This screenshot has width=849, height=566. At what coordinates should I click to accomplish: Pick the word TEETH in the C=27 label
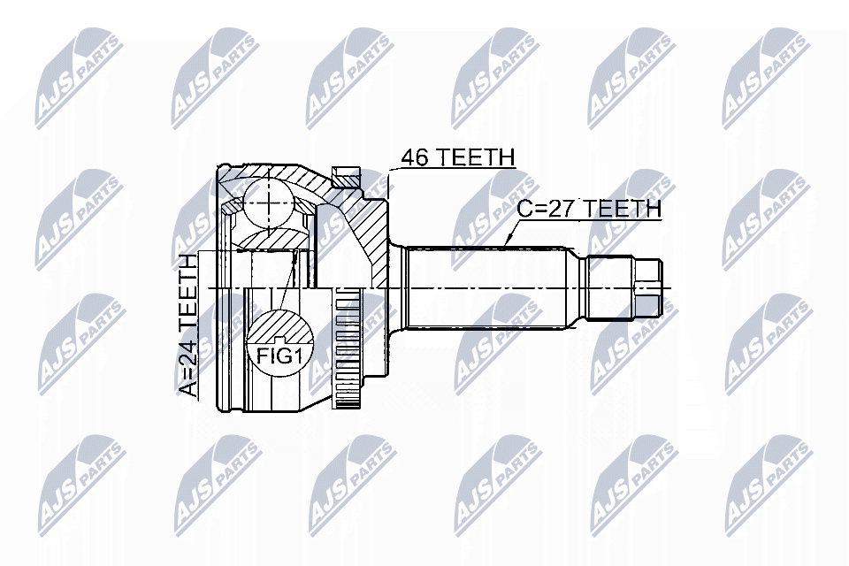625,209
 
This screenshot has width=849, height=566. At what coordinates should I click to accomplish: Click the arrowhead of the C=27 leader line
507,243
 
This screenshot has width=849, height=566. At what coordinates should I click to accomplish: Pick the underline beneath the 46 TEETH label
455,169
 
